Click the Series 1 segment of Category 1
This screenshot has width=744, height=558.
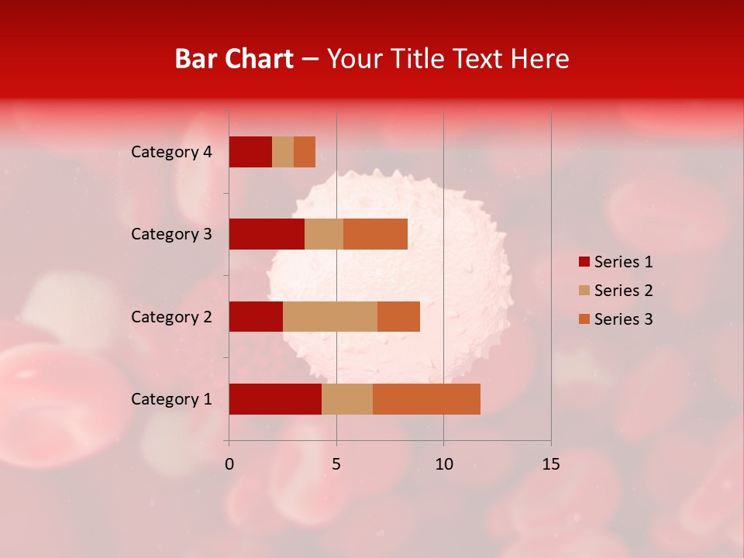tap(275, 399)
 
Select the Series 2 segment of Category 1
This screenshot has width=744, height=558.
tap(347, 399)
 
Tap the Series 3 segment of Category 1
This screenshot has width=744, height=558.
tap(426, 399)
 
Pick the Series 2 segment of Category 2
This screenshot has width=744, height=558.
tap(330, 316)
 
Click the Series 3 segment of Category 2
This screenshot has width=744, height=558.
tap(398, 316)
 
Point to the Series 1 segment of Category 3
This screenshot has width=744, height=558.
tap(267, 234)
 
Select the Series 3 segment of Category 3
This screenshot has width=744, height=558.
tap(375, 234)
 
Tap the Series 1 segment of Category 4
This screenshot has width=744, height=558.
tap(250, 152)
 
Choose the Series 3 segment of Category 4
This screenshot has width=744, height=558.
tap(305, 152)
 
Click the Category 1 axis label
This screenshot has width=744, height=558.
tap(171, 399)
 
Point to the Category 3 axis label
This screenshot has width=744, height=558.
tap(171, 234)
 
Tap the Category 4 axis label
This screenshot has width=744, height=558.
tap(171, 152)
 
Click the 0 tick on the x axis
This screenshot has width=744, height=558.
tap(229, 464)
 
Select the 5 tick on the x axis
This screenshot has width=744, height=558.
tap(336, 464)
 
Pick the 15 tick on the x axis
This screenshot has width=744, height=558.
tap(551, 464)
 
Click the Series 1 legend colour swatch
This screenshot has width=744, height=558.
tap(584, 262)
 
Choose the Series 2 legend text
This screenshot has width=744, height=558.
tap(623, 291)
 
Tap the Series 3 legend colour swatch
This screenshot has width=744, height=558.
tap(584, 319)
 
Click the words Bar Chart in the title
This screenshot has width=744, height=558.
tap(234, 59)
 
